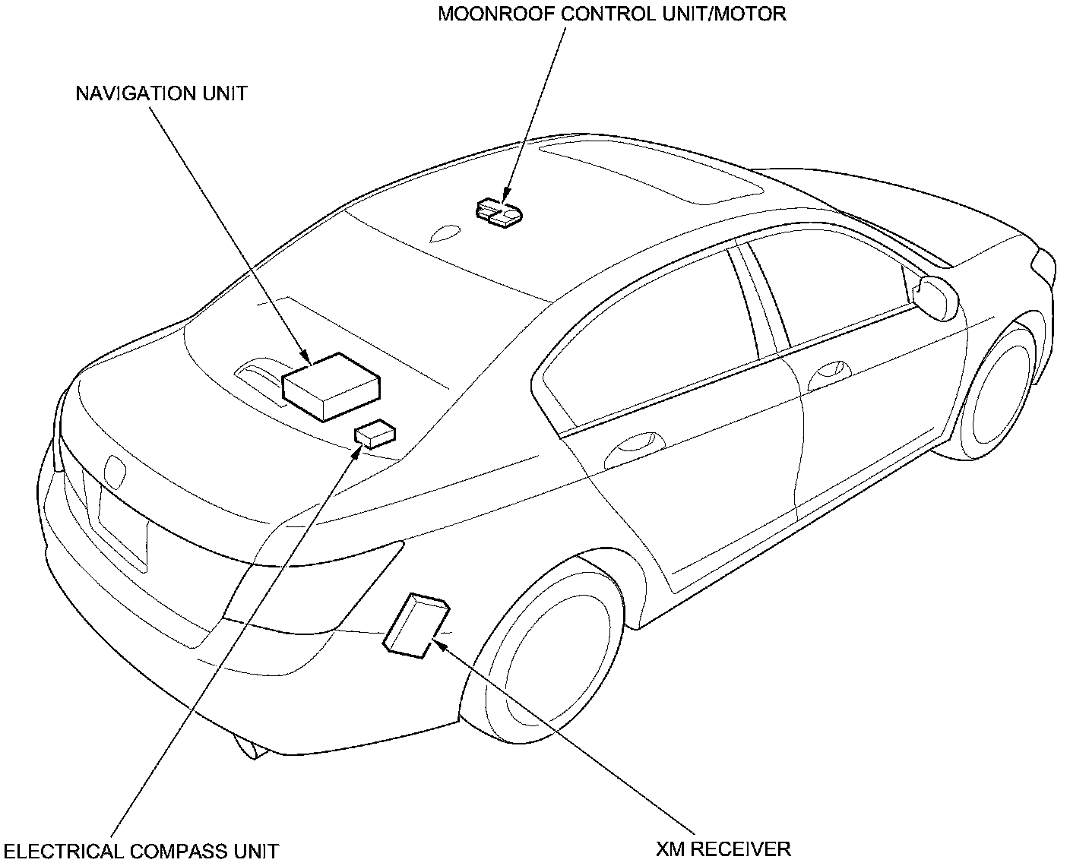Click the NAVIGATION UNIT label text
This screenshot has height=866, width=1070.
point(161,93)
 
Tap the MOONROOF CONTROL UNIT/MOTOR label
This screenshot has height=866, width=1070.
point(612,14)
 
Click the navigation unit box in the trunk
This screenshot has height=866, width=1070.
point(331,385)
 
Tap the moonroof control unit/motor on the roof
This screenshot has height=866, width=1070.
point(499,212)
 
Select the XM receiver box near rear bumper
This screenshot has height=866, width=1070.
point(416,623)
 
